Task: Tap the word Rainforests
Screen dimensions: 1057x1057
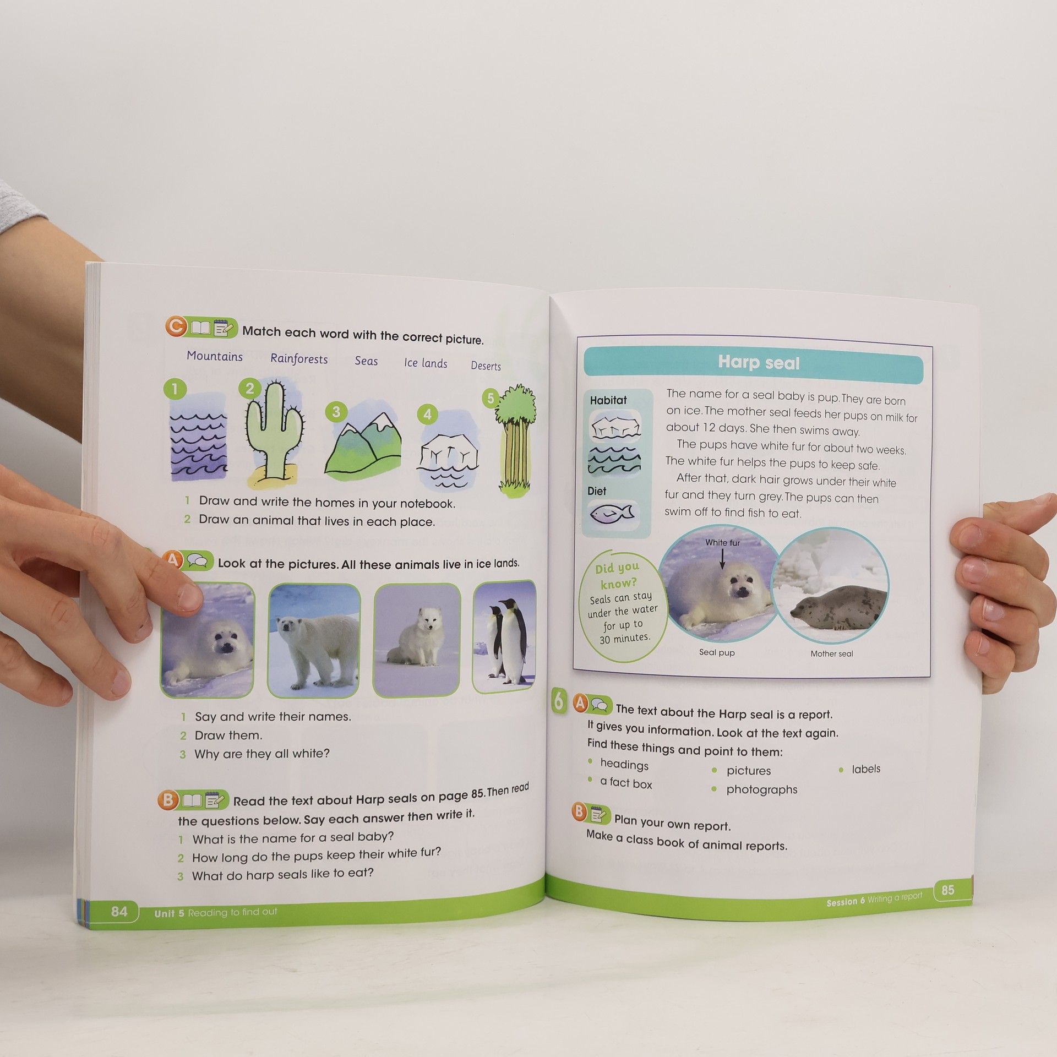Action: point(299,359)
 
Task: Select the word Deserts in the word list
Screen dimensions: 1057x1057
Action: point(486,366)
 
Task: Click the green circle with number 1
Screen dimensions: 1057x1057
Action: point(175,389)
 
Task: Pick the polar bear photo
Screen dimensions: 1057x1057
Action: point(314,640)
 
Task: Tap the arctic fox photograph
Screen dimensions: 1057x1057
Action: point(417,640)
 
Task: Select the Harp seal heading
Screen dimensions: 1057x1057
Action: point(759,363)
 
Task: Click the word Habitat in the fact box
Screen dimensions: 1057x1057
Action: point(608,400)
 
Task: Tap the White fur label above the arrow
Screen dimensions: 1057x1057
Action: point(722,543)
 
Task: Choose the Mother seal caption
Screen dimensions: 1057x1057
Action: point(831,654)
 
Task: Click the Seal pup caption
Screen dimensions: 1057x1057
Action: point(717,652)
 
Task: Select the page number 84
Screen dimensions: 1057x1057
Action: point(119,911)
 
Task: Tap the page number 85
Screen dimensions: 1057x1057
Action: point(947,890)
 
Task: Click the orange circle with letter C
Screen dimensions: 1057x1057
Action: point(176,327)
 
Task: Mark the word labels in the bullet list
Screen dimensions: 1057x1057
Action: point(866,769)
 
